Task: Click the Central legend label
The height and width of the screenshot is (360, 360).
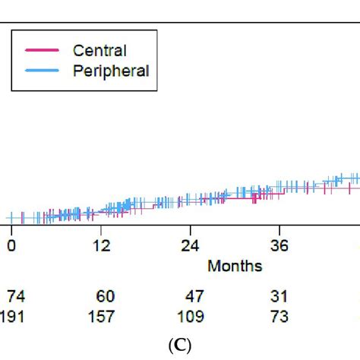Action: [x=99, y=51]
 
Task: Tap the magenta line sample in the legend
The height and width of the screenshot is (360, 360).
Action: [x=42, y=51]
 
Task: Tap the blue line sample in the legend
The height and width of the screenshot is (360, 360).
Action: [x=42, y=71]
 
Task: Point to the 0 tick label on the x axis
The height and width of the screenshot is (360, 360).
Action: [x=11, y=246]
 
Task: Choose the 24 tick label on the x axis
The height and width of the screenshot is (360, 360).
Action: [x=190, y=246]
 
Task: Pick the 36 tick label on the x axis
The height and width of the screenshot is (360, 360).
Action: [x=279, y=246]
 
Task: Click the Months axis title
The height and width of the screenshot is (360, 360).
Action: [x=235, y=266]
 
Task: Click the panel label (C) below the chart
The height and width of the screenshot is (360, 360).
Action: [x=180, y=346]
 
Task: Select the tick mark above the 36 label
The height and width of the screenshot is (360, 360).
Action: [x=279, y=229]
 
